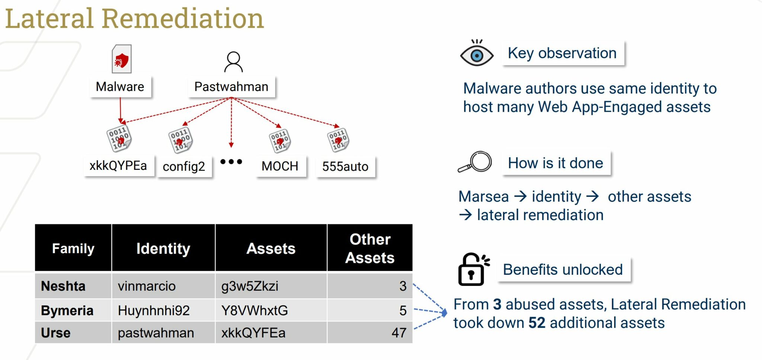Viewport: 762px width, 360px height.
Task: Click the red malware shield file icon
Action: pos(122,59)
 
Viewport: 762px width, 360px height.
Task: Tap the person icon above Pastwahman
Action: pos(234,62)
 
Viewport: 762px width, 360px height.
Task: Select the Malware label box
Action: pos(120,87)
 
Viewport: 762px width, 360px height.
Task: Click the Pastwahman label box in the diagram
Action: pos(231,87)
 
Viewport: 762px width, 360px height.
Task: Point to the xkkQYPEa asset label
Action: pos(118,165)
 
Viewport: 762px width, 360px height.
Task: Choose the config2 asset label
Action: pos(184,166)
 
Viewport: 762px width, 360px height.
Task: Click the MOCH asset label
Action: pos(280,166)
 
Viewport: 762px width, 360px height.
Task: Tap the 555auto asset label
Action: pos(345,166)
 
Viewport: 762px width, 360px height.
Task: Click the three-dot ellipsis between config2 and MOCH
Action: pos(231,162)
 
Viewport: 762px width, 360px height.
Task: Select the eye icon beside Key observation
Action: pos(477,53)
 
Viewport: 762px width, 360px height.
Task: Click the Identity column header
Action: pos(163,248)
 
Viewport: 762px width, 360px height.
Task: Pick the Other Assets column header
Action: pos(370,248)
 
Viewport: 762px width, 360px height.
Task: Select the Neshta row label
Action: pos(63,286)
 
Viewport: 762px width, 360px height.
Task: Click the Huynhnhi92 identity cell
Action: pos(154,310)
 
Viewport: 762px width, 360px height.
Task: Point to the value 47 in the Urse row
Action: pos(399,332)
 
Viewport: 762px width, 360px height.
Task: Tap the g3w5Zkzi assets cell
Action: pos(250,286)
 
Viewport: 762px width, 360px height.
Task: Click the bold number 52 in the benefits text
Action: pos(537,323)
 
